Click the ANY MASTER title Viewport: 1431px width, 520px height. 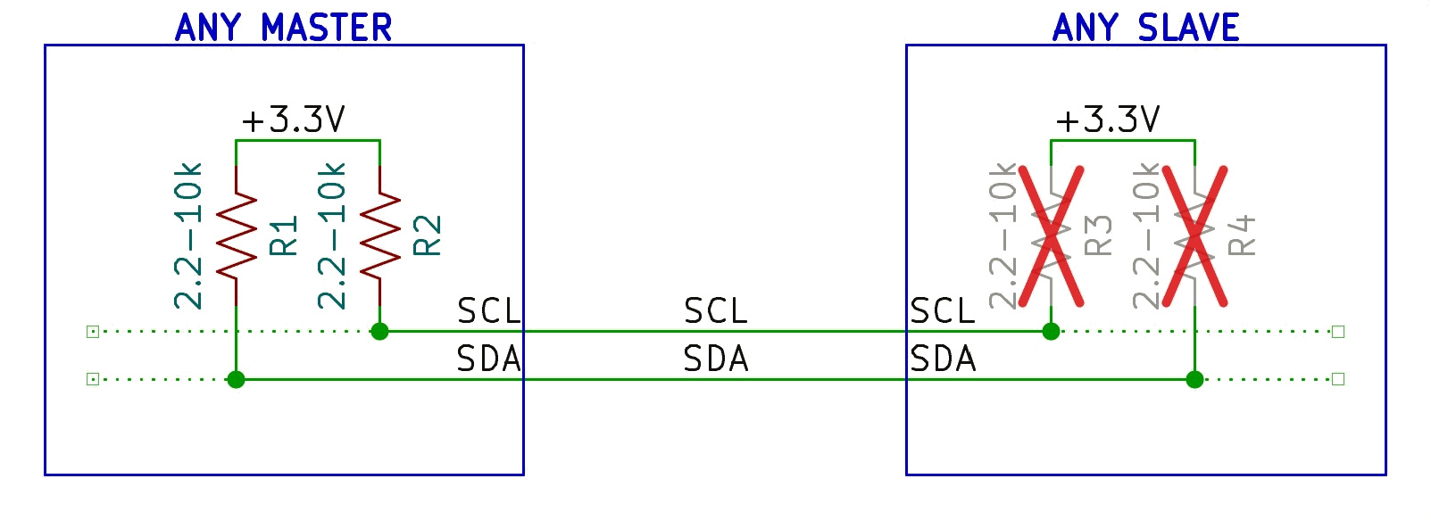[283, 28]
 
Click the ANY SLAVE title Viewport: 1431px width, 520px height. [1145, 28]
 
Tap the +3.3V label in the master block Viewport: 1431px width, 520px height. [293, 120]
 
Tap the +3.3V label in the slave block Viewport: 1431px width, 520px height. [1108, 120]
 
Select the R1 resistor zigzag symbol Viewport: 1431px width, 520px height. [237, 236]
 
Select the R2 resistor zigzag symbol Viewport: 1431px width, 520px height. [380, 236]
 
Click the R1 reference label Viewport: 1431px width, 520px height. [284, 235]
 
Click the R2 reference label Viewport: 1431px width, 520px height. [428, 235]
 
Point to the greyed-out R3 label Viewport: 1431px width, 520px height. [1098, 235]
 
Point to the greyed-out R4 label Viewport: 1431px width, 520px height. [1242, 235]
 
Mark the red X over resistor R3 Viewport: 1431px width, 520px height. [1051, 236]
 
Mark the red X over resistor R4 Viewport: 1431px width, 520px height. [1194, 236]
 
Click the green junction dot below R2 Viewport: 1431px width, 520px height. [379, 331]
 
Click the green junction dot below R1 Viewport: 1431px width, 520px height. [236, 380]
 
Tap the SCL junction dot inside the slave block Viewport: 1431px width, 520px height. [1051, 331]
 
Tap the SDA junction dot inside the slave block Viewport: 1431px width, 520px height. [1194, 380]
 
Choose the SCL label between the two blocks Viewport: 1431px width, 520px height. [716, 311]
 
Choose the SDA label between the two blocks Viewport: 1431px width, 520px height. [716, 359]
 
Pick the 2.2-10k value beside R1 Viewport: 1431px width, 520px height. [187, 236]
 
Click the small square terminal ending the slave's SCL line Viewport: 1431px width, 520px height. [1338, 331]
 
